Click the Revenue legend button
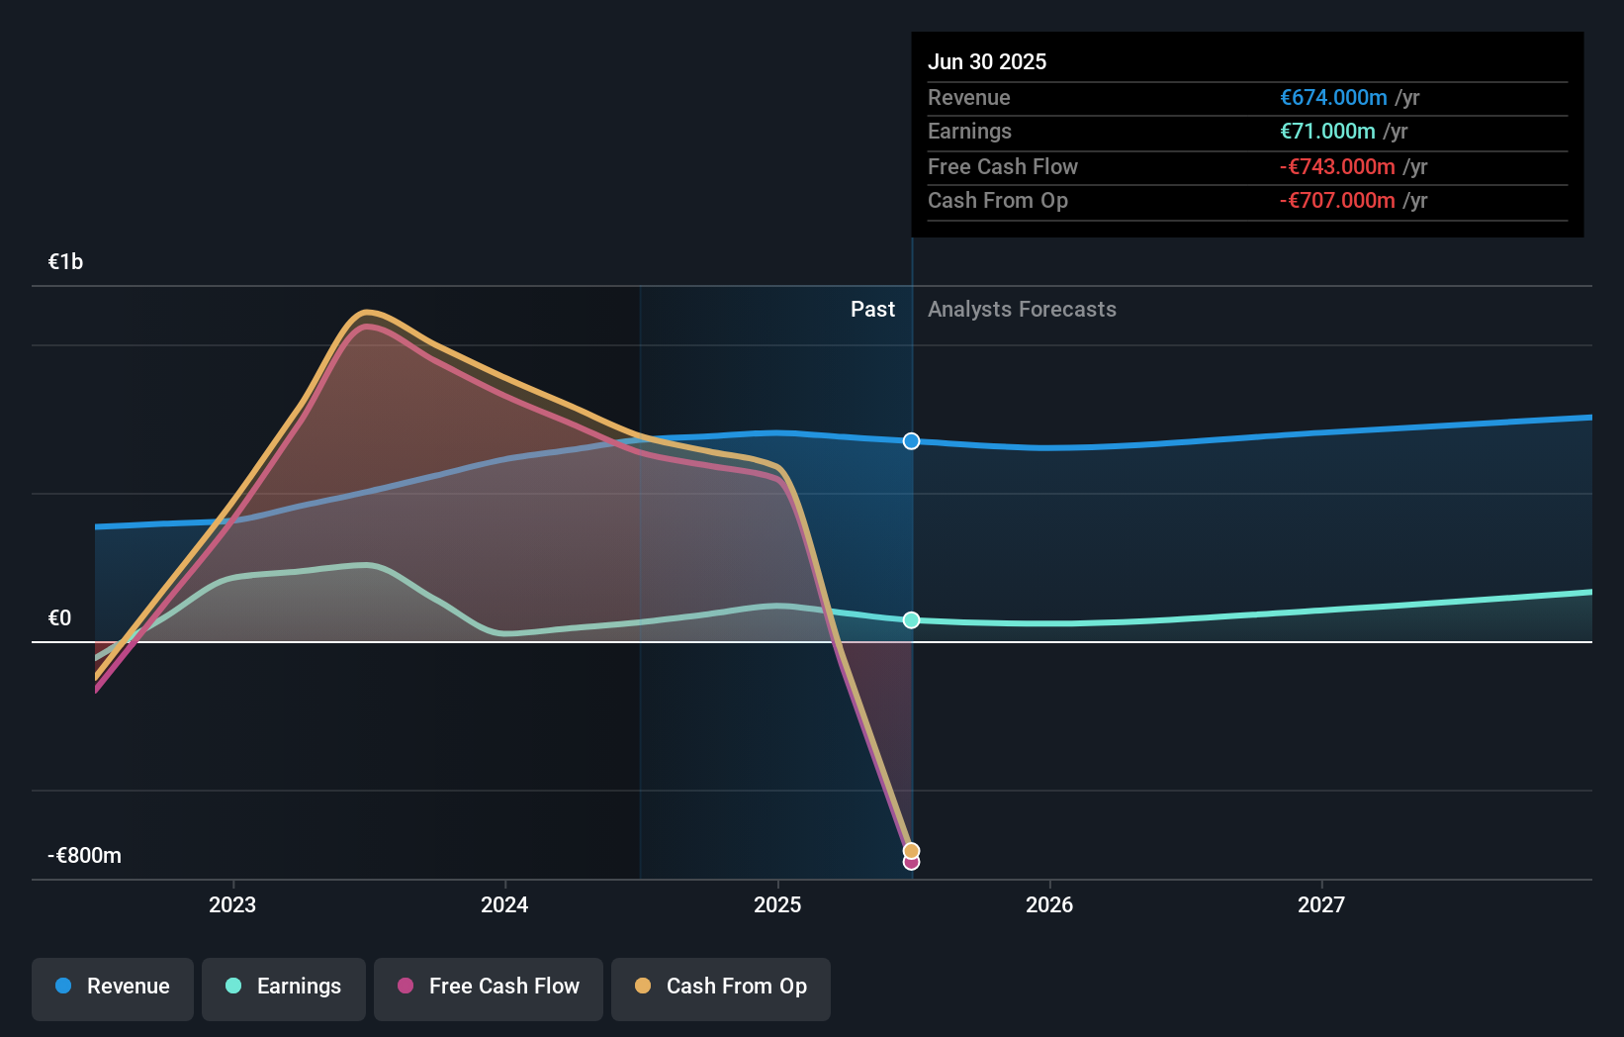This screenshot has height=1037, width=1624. coord(113,987)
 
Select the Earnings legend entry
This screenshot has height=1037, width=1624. coord(284,987)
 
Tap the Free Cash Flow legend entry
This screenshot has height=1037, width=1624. coord(489,987)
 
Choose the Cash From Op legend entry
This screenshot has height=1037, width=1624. coord(721,987)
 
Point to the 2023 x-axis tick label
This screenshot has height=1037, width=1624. coord(232,904)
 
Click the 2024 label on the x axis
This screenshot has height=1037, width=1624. coord(504,904)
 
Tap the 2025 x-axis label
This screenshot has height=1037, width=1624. coord(777,904)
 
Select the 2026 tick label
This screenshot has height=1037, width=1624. coord(1049,904)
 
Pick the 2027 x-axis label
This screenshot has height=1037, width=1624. coord(1321,904)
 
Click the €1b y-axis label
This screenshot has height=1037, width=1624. coord(65,261)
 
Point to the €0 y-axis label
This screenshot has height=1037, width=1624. coord(59,618)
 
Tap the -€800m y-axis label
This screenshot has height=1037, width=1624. coord(85,856)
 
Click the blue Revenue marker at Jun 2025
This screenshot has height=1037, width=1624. coord(912,441)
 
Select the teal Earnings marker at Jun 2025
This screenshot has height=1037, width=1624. coord(912,620)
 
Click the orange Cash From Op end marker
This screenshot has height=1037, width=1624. coord(912,851)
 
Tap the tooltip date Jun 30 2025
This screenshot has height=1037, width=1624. coord(987,61)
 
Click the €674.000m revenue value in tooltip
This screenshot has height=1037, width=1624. coord(1333,97)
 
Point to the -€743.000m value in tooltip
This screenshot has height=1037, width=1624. coord(1337,166)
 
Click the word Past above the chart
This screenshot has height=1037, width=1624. coord(872,310)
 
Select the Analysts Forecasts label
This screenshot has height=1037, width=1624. coord(1022,310)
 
